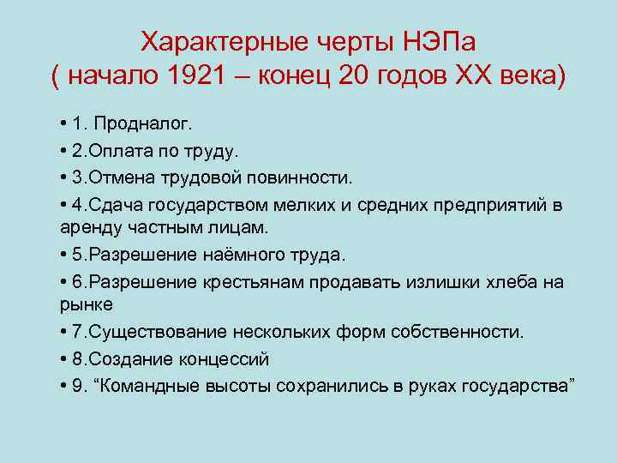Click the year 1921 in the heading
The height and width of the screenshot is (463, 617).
195,75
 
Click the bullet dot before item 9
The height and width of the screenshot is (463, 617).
65,385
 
